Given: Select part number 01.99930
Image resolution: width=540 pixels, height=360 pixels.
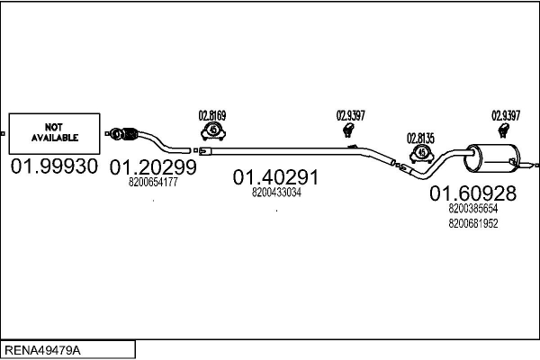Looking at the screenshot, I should [53, 168].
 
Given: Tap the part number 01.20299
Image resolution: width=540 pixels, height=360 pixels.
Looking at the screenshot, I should [153, 168].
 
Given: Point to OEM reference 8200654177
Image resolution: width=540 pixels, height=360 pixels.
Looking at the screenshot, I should [153, 182].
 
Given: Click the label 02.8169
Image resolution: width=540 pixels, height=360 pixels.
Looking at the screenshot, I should [211, 115].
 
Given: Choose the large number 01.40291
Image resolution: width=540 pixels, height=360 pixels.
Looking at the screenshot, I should [276, 178].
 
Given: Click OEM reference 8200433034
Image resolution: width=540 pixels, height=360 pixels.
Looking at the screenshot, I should [276, 192].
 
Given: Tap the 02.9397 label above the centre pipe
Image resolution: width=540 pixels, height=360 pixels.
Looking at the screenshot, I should [351, 115].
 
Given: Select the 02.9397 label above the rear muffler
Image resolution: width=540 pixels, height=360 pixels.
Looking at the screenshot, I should [506, 115].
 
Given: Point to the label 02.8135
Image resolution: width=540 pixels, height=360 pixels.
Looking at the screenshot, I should [420, 139].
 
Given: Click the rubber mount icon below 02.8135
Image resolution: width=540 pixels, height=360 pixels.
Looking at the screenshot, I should [420, 156].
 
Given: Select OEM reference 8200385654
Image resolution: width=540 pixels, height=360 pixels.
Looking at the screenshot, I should [472, 208].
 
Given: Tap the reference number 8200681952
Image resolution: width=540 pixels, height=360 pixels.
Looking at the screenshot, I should [472, 222].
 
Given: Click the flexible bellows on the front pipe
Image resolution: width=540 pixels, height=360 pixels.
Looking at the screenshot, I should [126, 135].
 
